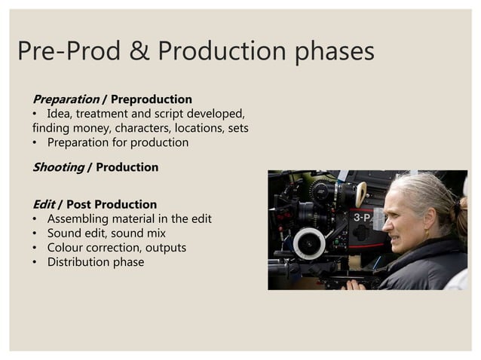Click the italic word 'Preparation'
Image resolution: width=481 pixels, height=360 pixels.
(x=66, y=99)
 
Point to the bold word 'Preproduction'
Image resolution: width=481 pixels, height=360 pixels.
(x=151, y=99)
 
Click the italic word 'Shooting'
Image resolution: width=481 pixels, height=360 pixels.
(x=57, y=167)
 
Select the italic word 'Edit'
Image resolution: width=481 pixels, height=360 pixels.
(x=43, y=204)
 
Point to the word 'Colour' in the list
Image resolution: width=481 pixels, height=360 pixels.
(x=66, y=248)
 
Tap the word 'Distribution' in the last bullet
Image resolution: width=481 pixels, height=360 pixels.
(x=81, y=262)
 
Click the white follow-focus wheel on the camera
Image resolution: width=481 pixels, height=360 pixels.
(x=308, y=243)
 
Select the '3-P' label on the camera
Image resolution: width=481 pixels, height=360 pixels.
(x=362, y=218)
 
